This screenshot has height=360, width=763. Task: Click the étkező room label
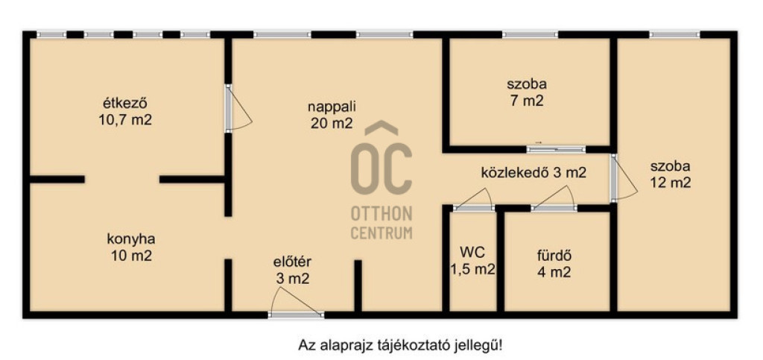[125, 104]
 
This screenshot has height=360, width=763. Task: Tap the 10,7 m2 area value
[125, 120]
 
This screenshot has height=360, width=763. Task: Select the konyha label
[131, 239]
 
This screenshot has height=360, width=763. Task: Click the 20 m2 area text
[332, 124]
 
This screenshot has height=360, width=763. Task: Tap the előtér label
[292, 262]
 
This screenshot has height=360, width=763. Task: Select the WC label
[472, 252]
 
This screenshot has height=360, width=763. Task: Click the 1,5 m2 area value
[472, 268]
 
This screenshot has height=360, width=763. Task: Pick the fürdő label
[554, 256]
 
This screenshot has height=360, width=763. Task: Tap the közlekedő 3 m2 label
[534, 173]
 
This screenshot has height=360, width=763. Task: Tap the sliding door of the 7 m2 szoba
[556, 149]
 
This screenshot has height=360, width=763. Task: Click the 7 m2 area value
[527, 101]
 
